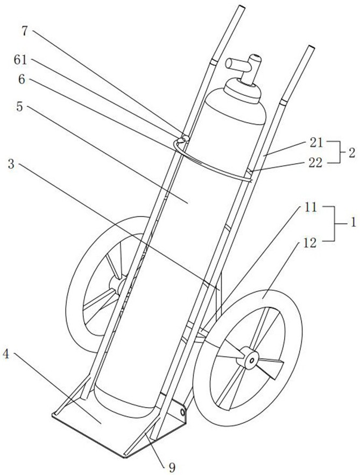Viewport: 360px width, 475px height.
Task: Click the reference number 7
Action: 26,31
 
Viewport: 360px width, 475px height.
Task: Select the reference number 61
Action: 20,60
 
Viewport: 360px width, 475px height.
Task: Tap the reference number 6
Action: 22,80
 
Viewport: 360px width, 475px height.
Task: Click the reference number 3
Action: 11,164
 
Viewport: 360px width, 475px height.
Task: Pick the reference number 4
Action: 6,354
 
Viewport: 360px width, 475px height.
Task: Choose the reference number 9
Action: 172,467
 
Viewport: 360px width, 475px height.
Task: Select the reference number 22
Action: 316,163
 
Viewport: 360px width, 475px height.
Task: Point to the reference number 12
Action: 309,242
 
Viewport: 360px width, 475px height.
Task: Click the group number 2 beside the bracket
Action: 351,153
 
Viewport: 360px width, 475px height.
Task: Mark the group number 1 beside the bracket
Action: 352,223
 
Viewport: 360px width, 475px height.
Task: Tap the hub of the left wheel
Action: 117,284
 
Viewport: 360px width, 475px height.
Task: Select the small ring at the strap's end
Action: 181,140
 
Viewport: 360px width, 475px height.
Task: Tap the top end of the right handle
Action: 311,47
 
